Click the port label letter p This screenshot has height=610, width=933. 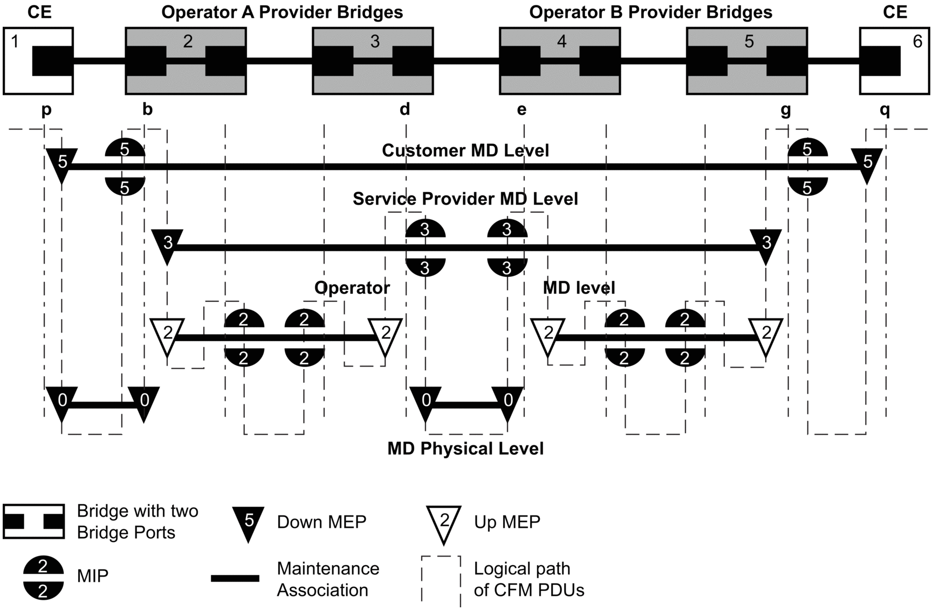pos(47,110)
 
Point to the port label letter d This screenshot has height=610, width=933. pos(405,110)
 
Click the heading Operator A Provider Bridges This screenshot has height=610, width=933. pos(282,12)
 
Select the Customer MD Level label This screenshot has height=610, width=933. pos(465,150)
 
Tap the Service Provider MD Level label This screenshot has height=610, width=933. pos(465,199)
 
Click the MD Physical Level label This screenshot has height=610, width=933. pos(465,449)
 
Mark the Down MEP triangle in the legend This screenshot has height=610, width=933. pos(248,523)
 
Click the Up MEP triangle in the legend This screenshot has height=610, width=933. pos(444,523)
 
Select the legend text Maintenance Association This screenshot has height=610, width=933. pos(328,579)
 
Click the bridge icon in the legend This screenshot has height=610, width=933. pos(34,521)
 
